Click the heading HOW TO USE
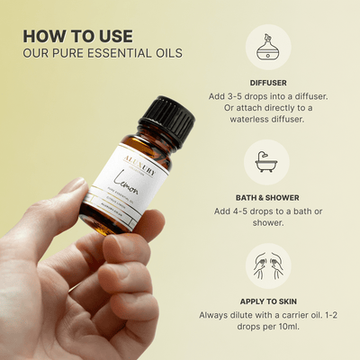pyautogui.click(x=77, y=36)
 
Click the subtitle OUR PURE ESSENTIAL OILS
pyautogui.click(x=103, y=53)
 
